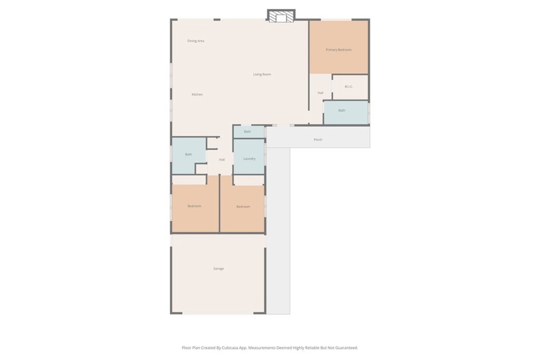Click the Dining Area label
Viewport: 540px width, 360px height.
tap(196, 41)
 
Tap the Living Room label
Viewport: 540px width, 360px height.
tap(262, 74)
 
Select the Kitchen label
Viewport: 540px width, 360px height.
tap(197, 94)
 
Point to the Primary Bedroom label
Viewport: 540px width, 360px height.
tap(339, 50)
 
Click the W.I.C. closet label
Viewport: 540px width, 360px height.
tap(349, 87)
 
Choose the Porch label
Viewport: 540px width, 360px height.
tap(318, 140)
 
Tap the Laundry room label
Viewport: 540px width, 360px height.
tap(249, 159)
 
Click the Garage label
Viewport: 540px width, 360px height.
tap(219, 268)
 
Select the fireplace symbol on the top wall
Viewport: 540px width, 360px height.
tap(282, 16)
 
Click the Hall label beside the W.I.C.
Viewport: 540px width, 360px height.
tap(321, 93)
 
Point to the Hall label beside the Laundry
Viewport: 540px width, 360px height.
tap(222, 160)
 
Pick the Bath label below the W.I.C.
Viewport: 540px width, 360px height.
tap(342, 111)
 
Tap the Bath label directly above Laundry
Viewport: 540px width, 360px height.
tap(247, 131)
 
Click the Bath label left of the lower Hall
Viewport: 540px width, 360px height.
tap(189, 154)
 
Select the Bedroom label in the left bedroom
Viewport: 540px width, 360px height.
tap(195, 206)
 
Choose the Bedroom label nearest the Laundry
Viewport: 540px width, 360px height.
tap(243, 207)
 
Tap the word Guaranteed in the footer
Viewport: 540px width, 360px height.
tap(346, 348)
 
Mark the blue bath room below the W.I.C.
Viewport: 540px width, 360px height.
tap(346, 113)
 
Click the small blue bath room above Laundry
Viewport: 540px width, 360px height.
tap(249, 132)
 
